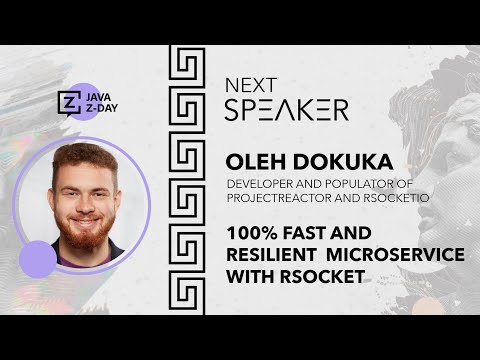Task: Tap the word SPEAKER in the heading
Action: click(286, 110)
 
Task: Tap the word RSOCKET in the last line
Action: click(313, 276)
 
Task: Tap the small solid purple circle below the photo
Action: click(38, 259)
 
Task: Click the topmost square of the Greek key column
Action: click(186, 69)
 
